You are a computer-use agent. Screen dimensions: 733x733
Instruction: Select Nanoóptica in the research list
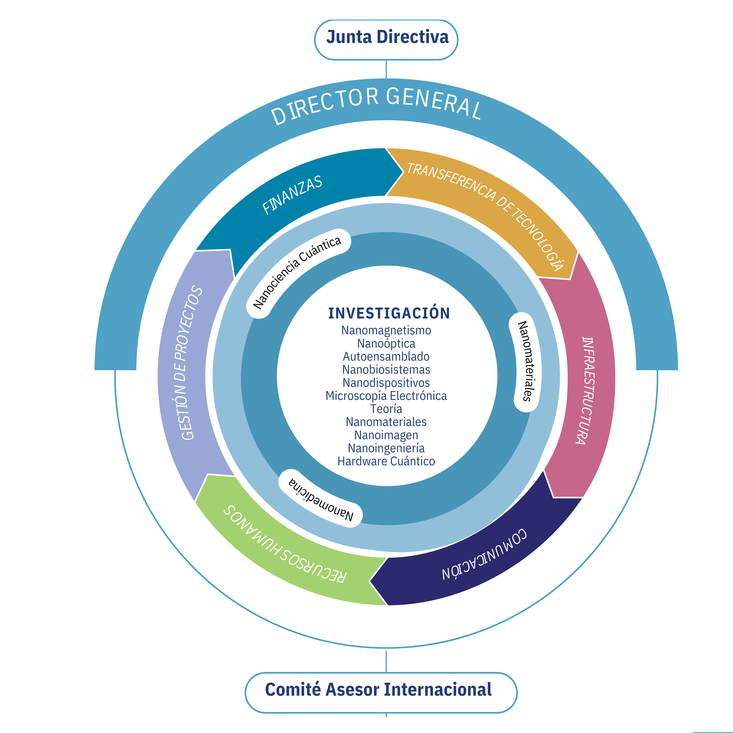(386, 343)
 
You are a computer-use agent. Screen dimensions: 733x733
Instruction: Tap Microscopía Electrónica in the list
(386, 396)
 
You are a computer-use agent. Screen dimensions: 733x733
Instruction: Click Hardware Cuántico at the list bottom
(386, 461)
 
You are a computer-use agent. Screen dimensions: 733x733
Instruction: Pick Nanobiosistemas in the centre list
(386, 370)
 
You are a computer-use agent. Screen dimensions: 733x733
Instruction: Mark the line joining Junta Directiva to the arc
(386, 69)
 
